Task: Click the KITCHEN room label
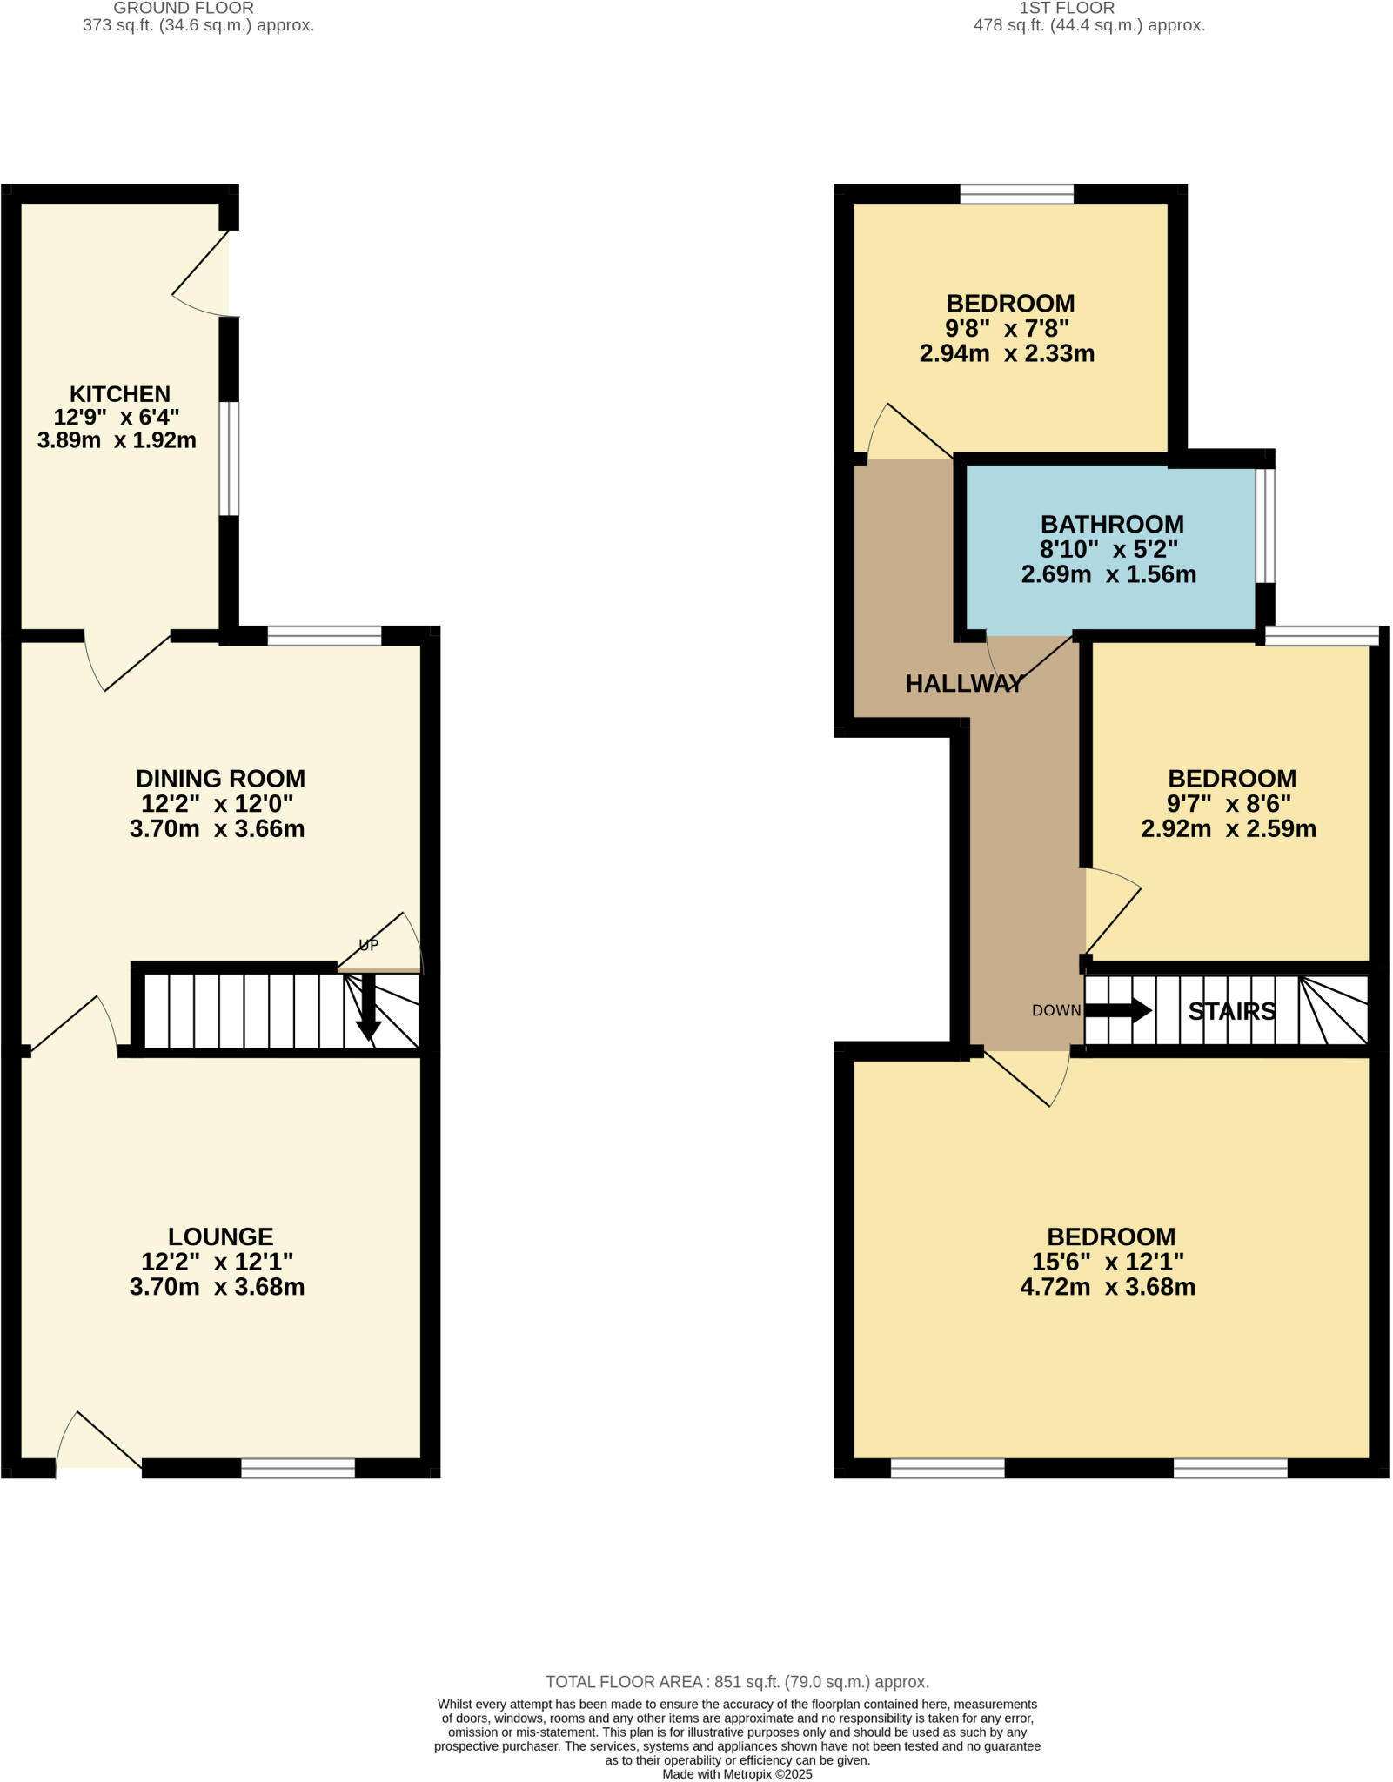click(119, 394)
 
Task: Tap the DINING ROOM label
click(220, 778)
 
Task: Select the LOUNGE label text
click(220, 1236)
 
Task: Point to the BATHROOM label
click(1112, 525)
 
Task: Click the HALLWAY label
click(964, 684)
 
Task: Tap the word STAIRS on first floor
click(1232, 1011)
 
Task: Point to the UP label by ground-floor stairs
click(369, 945)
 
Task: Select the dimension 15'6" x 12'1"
click(1108, 1262)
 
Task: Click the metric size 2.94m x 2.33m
click(1007, 354)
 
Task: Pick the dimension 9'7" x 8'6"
click(1229, 803)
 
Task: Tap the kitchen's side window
click(229, 458)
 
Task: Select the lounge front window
click(298, 1469)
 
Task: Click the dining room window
click(324, 636)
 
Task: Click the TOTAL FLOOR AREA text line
click(737, 1682)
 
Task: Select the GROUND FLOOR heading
click(184, 8)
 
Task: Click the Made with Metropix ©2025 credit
click(737, 1773)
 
